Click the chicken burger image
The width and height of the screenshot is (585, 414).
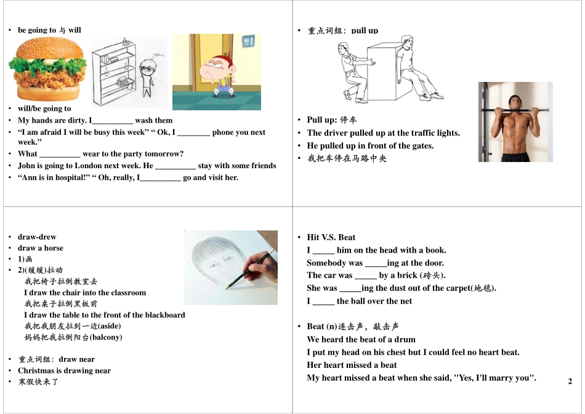coord(47,69)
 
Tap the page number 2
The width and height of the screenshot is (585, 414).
coord(570,381)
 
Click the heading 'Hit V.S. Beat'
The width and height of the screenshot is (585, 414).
coord(331,237)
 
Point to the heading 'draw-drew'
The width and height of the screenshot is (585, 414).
coord(37,237)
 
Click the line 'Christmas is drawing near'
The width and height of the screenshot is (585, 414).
coord(64,371)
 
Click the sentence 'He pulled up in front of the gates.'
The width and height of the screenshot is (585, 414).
coord(370,146)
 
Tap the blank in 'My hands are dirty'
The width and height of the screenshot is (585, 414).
coord(112,121)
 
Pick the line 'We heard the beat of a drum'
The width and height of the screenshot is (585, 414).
coord(361,339)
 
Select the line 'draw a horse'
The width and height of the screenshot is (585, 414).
coord(41,248)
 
